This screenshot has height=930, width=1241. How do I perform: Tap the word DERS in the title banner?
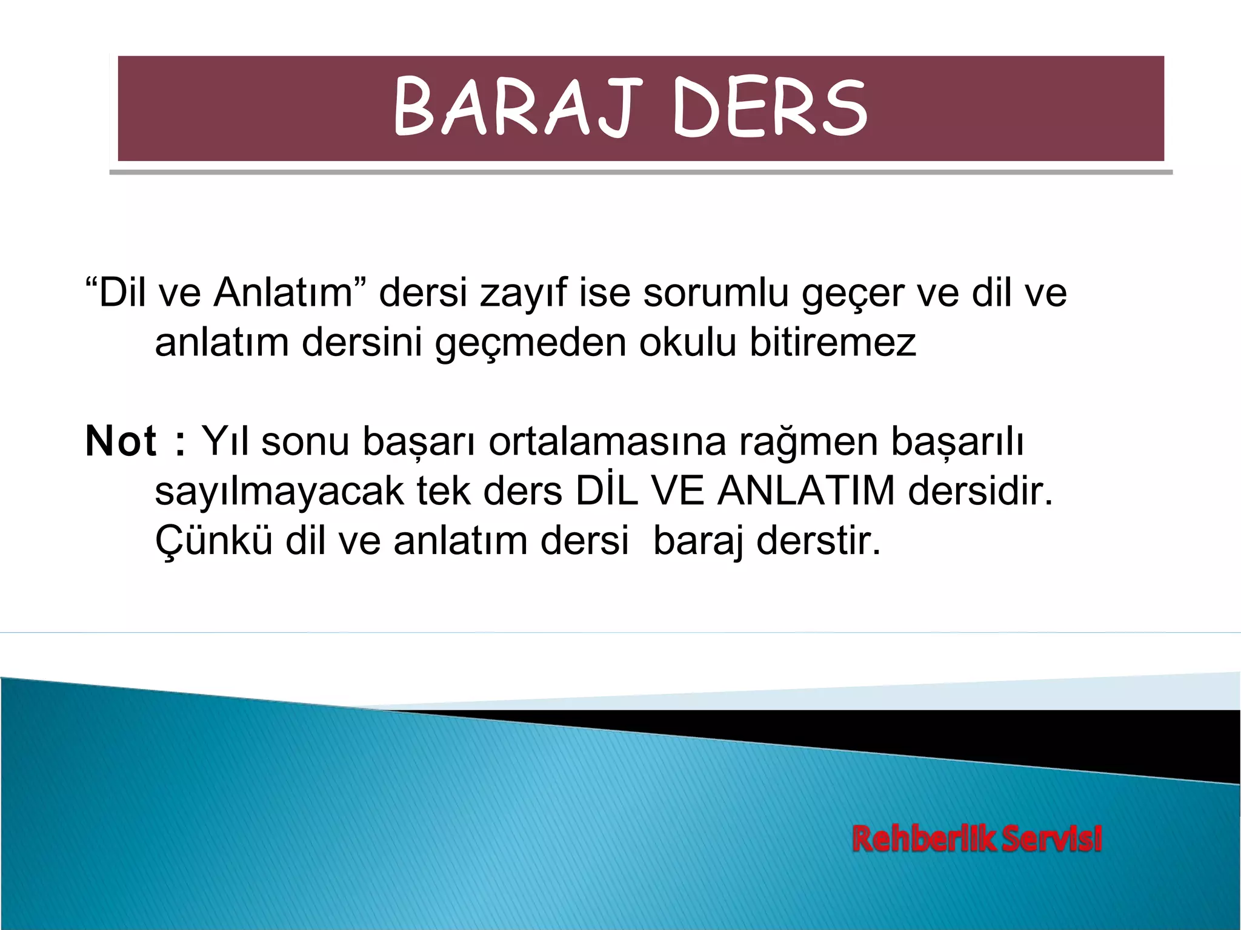click(770, 108)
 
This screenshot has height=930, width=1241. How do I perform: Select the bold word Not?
click(121, 441)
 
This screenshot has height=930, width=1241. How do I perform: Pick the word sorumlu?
click(716, 293)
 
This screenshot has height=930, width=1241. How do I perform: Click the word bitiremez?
click(833, 343)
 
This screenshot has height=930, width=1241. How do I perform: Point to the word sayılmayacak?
click(279, 492)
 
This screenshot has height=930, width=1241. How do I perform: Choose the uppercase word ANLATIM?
click(806, 490)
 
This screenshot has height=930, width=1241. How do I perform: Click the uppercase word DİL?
click(607, 490)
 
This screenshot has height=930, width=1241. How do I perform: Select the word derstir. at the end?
click(818, 540)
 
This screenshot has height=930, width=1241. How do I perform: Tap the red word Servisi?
click(1051, 839)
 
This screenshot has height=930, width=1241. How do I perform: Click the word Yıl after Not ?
click(225, 441)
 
